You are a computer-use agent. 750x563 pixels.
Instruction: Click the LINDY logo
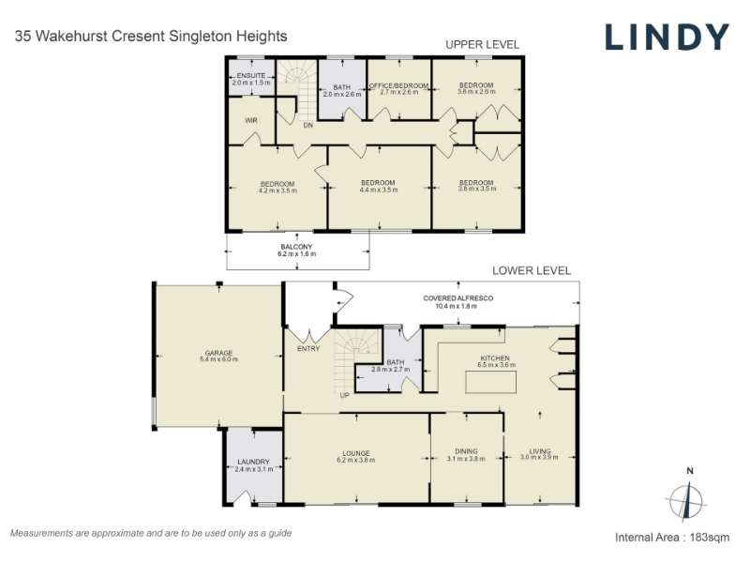[x=667, y=37]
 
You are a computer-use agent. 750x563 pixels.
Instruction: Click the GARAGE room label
[x=218, y=353]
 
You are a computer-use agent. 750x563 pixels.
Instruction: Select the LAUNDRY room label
[x=253, y=462]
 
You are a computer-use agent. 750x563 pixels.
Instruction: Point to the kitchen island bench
[x=490, y=382]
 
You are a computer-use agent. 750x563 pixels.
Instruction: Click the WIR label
[x=251, y=121]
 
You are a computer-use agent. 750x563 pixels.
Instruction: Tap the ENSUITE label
[x=251, y=76]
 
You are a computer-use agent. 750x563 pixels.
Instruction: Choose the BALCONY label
[x=296, y=247]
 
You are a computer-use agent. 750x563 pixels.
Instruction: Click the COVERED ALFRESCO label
[x=457, y=298]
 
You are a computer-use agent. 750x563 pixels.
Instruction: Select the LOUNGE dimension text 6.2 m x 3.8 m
[x=356, y=460]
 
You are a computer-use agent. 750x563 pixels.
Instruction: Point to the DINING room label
[x=466, y=451]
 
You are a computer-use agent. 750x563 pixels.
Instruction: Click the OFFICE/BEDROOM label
[x=398, y=85]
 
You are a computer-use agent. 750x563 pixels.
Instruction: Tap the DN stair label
[x=308, y=126]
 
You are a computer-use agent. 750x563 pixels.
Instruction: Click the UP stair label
[x=344, y=395]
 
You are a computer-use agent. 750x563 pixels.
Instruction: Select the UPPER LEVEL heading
[x=482, y=44]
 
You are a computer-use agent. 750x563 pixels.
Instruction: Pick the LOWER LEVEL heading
[x=532, y=270]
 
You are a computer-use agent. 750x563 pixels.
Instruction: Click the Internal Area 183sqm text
[x=672, y=537]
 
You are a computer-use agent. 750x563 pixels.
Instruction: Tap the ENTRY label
[x=308, y=348]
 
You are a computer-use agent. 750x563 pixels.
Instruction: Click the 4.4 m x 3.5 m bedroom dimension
[x=379, y=190]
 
